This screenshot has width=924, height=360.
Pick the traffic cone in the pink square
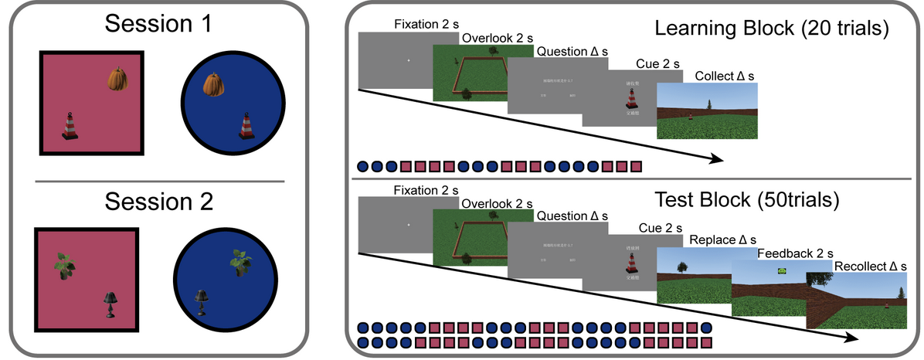(71, 126)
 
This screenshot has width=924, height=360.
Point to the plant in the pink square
(65, 264)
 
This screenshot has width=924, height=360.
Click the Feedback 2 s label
(796, 253)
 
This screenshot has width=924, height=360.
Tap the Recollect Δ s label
(869, 267)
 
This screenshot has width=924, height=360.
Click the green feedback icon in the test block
(782, 271)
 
